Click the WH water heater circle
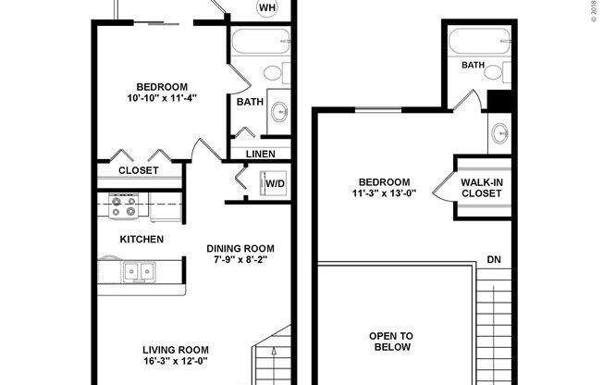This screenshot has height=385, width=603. [x=268, y=9]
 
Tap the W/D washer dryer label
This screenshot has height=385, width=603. [x=276, y=183]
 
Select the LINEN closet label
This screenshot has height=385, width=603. [x=260, y=153]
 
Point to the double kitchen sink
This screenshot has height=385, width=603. [x=141, y=271]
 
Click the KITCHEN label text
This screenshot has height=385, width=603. [x=142, y=240]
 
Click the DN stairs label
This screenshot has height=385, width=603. [x=495, y=260]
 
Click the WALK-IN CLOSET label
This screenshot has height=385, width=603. [x=481, y=187]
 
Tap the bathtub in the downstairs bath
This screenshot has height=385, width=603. [x=260, y=43]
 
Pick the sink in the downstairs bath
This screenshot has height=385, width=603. [x=278, y=115]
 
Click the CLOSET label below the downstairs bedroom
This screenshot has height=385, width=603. [x=138, y=170]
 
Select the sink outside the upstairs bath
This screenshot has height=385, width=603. [x=500, y=132]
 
